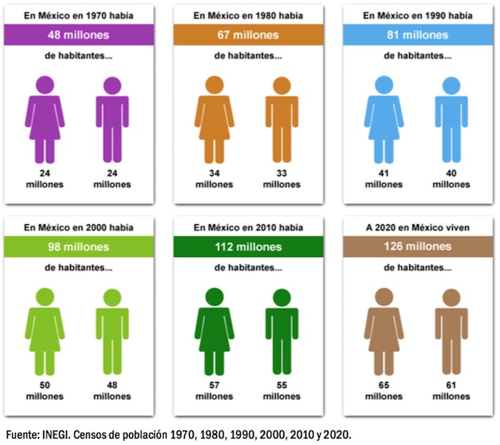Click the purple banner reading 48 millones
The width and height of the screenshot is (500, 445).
tap(78, 35)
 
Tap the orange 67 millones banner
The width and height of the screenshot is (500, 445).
tap(248, 35)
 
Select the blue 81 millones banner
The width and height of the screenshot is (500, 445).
tap(417, 35)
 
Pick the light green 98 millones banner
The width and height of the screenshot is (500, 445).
tap(78, 247)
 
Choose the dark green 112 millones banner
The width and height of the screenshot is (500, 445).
tap(248, 247)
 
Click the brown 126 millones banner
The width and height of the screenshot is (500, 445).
tap(417, 247)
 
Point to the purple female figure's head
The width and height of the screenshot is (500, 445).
tap(44, 84)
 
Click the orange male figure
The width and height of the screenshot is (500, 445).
tap(282, 121)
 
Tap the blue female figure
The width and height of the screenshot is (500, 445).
tap(384, 121)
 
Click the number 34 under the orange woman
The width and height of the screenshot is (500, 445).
tap(214, 173)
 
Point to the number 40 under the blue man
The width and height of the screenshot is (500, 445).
tap(451, 173)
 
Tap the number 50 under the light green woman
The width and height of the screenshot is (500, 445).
tap(44, 386)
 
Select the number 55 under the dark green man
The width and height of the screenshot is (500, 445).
tap(282, 386)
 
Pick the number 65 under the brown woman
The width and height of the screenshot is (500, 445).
tap(384, 386)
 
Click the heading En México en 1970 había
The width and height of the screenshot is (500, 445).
tap(78, 15)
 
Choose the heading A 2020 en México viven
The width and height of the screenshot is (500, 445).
tap(417, 227)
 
